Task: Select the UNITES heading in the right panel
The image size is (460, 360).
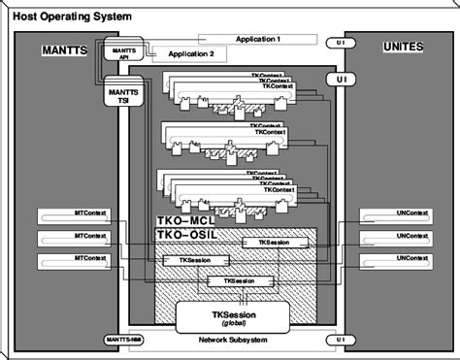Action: (x=401, y=48)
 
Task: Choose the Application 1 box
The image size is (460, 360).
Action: (x=257, y=39)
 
